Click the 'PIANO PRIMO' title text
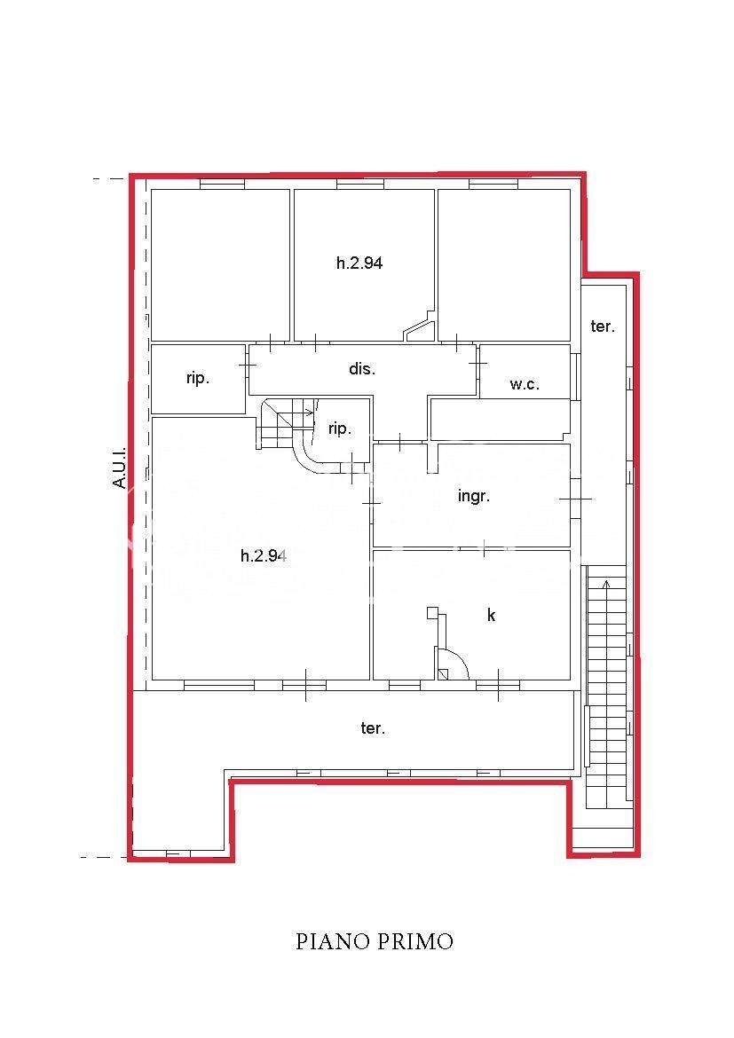[x=375, y=940]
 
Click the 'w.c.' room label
[x=525, y=384]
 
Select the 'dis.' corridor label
[x=362, y=368]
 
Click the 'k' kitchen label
[x=491, y=615]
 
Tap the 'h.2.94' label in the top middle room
[x=359, y=263]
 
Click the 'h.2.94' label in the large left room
[x=263, y=555]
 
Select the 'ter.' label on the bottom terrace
[x=373, y=728]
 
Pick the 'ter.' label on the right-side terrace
[x=603, y=326]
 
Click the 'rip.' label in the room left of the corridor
[x=197, y=379]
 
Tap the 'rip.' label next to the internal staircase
[x=340, y=429]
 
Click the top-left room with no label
[x=221, y=264]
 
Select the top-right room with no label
[x=504, y=264]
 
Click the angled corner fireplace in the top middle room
[x=420, y=327]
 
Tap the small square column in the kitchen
[x=432, y=612]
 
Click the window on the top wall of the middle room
[x=360, y=184]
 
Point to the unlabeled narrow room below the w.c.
[x=501, y=419]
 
